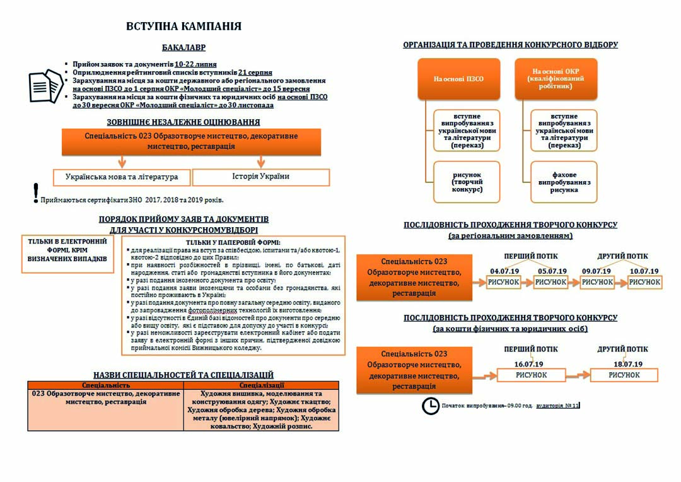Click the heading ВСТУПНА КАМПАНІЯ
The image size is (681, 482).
coord(183,26)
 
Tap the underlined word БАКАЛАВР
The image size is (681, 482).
coord(183,48)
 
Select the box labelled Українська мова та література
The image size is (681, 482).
coord(122,177)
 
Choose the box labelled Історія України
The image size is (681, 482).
coord(260,177)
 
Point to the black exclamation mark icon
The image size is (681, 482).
coord(36,193)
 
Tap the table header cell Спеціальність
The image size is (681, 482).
coord(106,385)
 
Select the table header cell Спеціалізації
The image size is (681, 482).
coord(261,385)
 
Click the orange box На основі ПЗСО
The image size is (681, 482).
coord(458,79)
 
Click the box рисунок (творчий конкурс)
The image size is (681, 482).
coord(467,182)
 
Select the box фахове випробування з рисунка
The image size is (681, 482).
coord(564,182)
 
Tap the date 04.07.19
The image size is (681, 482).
coord(504,271)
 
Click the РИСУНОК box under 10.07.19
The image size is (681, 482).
coord(644,283)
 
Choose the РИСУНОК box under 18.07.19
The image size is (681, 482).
coord(624,375)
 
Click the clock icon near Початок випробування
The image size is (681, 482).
coord(430,406)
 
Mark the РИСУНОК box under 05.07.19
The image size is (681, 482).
coord(550,283)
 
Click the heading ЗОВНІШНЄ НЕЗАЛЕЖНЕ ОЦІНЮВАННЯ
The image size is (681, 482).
coord(183,122)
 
